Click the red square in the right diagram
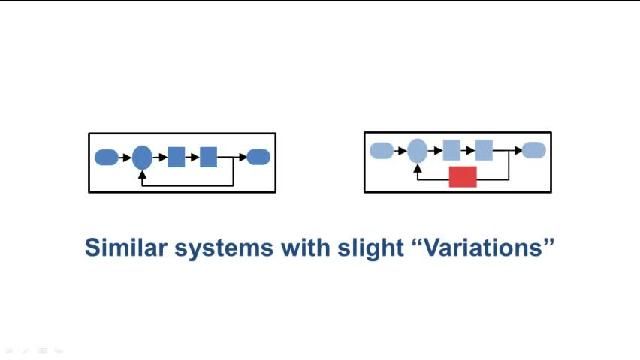click(462, 177)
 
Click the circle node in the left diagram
click(142, 157)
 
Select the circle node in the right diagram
click(417, 151)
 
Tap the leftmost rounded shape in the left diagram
click(106, 157)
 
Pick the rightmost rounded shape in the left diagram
click(258, 157)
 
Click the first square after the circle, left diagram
click(176, 157)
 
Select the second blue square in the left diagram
click(208, 157)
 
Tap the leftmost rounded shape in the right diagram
click(381, 151)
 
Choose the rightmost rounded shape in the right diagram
click(534, 151)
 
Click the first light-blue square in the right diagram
click(451, 151)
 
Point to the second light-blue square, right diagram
click(483, 151)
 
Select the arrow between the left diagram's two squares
click(193, 157)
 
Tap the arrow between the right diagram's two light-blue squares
click(467, 151)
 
